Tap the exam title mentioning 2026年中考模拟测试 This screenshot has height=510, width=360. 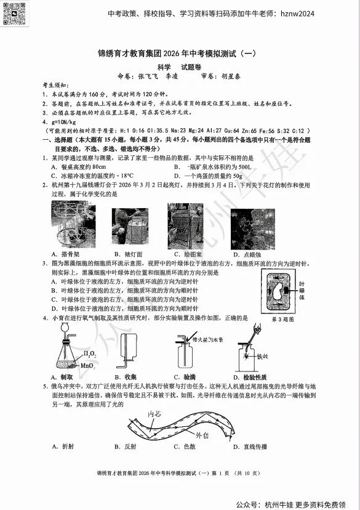click(180, 54)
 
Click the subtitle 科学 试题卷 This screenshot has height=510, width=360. click(179, 67)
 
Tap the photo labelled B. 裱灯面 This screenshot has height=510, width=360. click(129, 226)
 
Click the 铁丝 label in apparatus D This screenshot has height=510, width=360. click(262, 356)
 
